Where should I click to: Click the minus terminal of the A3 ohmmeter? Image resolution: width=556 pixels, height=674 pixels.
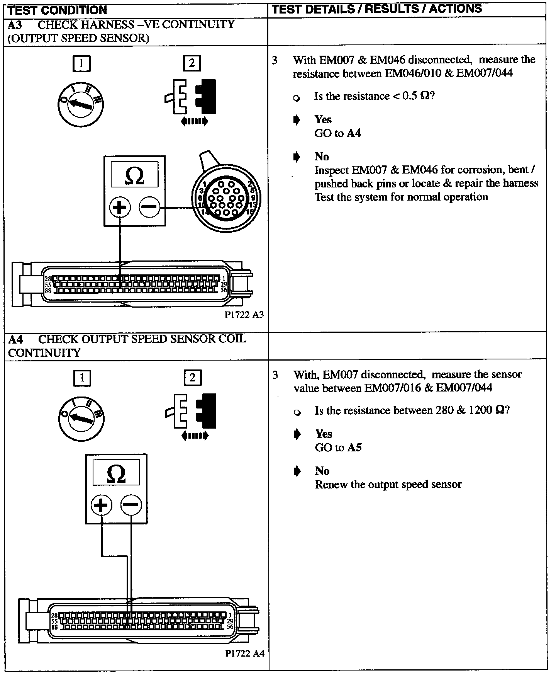[149, 208]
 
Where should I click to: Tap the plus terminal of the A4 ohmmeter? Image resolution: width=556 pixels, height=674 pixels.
[101, 505]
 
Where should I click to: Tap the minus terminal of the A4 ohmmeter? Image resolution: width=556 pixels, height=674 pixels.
[131, 505]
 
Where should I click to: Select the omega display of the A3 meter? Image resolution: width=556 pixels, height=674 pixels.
[134, 175]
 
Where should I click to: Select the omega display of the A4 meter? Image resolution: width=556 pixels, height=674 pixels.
[116, 472]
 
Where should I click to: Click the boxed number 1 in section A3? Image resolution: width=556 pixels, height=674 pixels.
[81, 64]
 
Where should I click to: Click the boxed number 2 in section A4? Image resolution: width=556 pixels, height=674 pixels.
[192, 378]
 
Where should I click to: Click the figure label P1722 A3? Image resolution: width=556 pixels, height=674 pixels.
[244, 315]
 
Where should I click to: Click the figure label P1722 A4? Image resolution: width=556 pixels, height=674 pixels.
[245, 654]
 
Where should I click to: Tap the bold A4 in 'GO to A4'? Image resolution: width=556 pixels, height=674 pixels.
[354, 133]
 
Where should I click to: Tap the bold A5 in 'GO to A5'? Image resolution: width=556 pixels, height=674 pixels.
[354, 448]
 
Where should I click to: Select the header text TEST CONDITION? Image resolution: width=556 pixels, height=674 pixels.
[58, 10]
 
